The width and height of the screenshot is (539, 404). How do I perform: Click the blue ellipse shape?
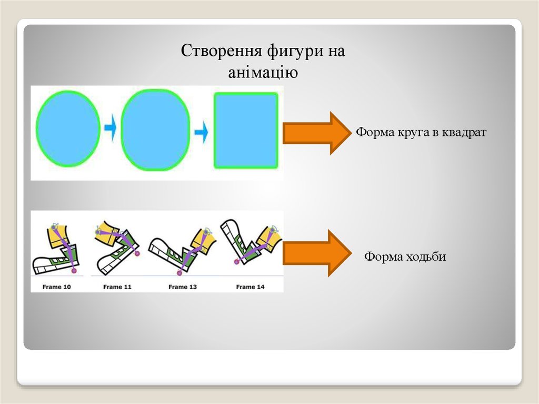tap(68, 129)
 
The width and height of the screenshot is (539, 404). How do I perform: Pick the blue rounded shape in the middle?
tap(155, 130)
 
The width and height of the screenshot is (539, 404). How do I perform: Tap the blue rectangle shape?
tap(245, 130)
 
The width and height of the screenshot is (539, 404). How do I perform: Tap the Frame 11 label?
tap(117, 287)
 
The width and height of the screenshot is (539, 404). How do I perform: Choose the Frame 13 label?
tap(182, 287)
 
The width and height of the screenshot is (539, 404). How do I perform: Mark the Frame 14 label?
tap(250, 287)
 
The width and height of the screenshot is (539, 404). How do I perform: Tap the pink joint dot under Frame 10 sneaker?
tap(74, 271)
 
